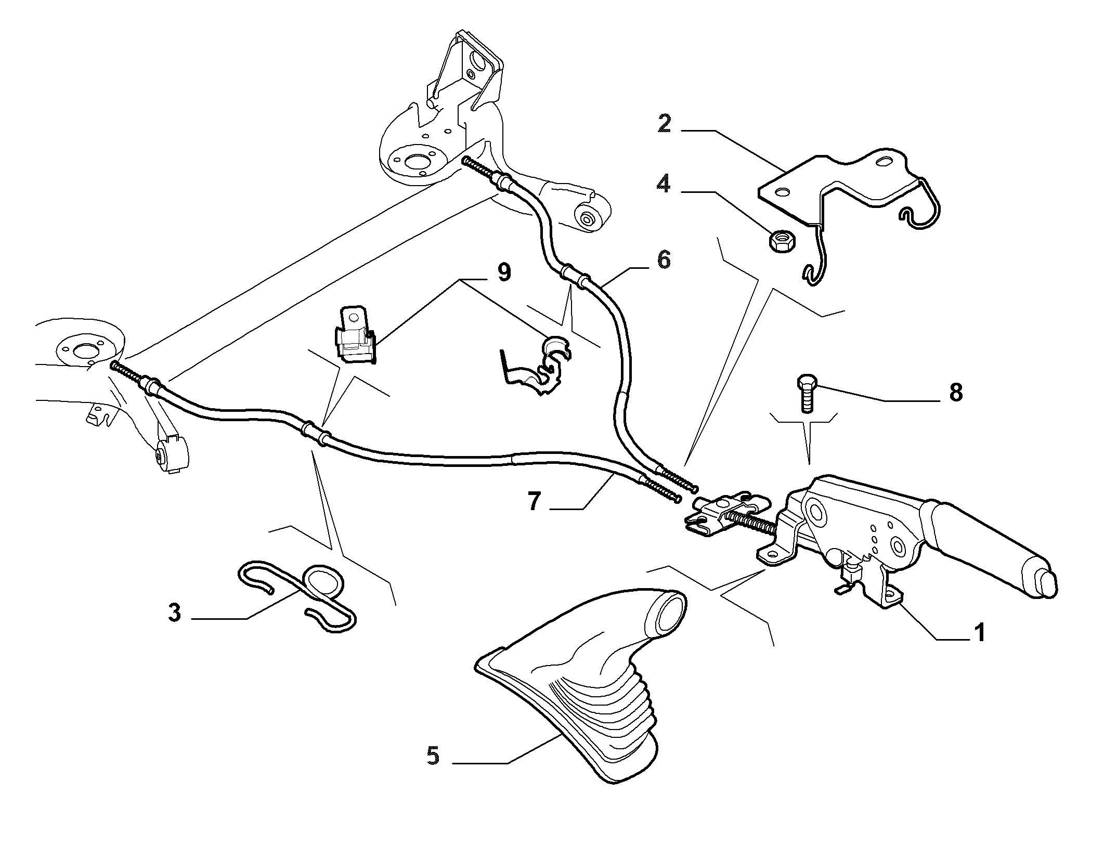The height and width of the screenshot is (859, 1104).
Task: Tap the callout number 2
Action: [x=664, y=124]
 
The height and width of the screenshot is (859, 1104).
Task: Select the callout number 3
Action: [x=175, y=613]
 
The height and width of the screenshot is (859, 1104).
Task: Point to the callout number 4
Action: [x=664, y=184]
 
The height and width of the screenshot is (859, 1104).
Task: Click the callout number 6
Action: [x=664, y=259]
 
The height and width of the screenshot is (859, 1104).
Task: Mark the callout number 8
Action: [x=955, y=393]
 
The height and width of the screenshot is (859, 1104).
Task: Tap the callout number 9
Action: [x=503, y=272]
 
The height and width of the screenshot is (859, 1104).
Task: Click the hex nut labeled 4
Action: [x=778, y=241]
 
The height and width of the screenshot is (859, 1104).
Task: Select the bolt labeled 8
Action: [x=805, y=393]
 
